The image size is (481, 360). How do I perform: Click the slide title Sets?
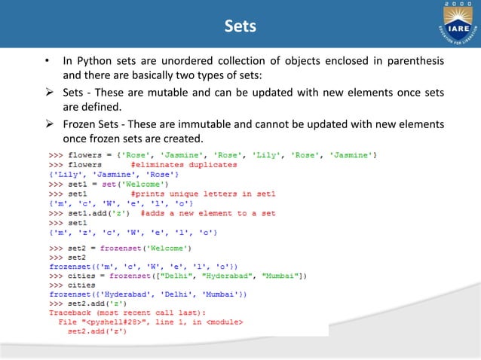[x=240, y=27]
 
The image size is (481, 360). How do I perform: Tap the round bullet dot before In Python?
[x=47, y=61]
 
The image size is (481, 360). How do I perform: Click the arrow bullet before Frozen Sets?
[x=47, y=124]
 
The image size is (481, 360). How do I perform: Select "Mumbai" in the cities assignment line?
[x=283, y=276]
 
